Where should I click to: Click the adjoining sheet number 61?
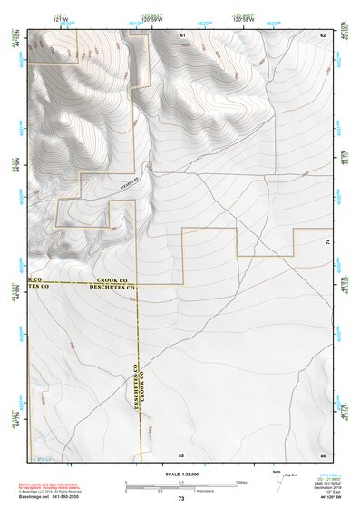click(x=182, y=34)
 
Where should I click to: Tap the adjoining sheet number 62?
click(x=322, y=34)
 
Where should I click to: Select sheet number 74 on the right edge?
click(x=327, y=242)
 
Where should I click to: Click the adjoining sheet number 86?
click(x=322, y=454)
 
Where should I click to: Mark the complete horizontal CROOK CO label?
click(x=115, y=281)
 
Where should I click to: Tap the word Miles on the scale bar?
click(x=242, y=482)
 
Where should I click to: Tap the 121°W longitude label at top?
click(x=61, y=18)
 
